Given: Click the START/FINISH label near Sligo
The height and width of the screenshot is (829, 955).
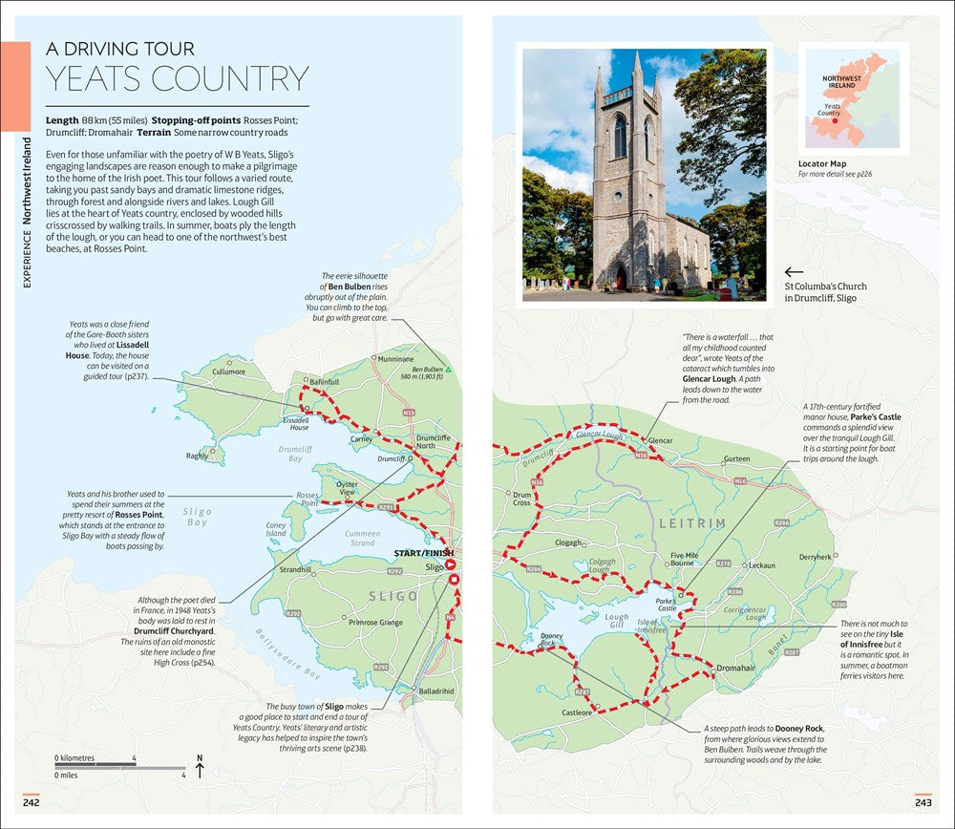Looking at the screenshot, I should click(424, 553).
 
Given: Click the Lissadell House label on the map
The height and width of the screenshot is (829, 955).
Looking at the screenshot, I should click(300, 423).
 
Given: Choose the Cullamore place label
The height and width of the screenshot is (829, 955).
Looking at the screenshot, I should click(228, 372).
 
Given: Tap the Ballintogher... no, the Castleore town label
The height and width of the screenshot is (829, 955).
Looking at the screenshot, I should click(577, 712).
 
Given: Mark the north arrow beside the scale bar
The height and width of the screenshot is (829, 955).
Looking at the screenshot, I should click(200, 766).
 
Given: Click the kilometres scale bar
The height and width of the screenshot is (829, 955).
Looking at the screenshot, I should click(95, 765).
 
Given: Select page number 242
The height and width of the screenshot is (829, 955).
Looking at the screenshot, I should click(32, 802).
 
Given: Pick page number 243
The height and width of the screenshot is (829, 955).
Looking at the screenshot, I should click(923, 802).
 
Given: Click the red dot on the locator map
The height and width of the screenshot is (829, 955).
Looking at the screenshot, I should click(834, 120).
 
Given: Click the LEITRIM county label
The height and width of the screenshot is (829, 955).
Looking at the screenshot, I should click(691, 523).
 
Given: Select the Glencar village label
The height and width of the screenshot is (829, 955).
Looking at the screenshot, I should click(661, 440).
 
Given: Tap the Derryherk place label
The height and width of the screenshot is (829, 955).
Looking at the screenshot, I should click(816, 557).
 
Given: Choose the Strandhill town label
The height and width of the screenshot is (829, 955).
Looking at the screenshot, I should click(294, 570).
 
